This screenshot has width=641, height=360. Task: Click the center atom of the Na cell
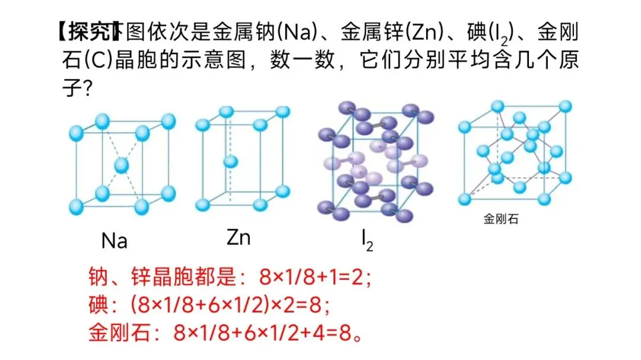tap(122, 165)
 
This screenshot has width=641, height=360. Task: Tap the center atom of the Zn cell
tap(230, 161)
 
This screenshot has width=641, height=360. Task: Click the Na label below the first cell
tap(115, 241)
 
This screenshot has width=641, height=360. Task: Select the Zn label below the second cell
tap(239, 237)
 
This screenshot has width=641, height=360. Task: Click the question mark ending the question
tap(86, 90)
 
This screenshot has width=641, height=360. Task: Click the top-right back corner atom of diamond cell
tap(565, 106)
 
